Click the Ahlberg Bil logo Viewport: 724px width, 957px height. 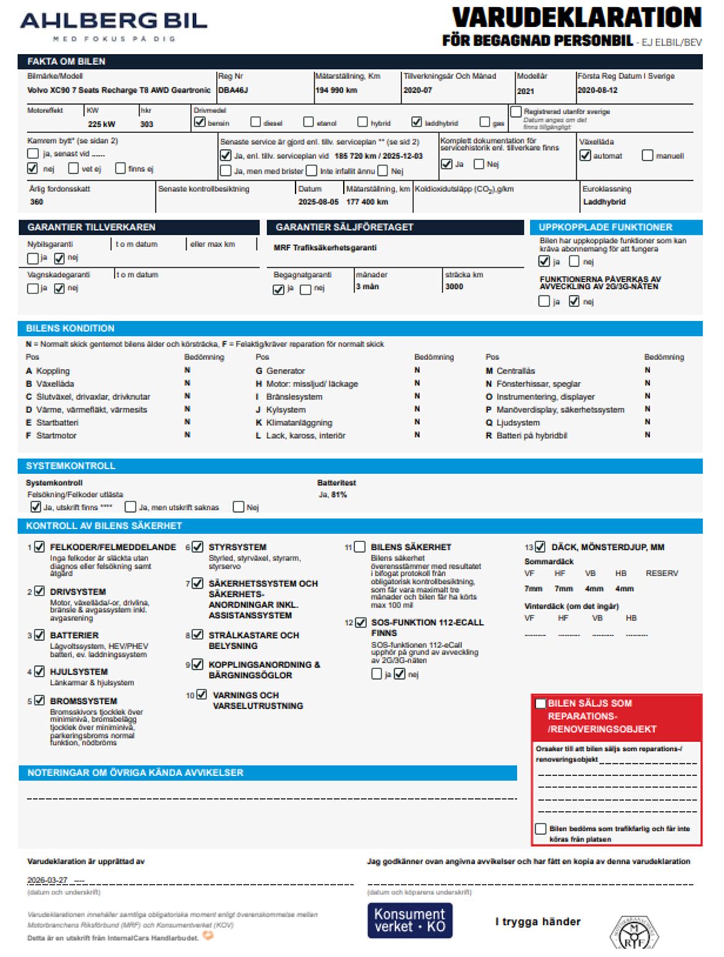click(x=113, y=25)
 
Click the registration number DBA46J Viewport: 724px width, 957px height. click(x=233, y=90)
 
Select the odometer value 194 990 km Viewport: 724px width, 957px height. click(x=336, y=90)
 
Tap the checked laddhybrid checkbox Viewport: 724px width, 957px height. click(x=416, y=122)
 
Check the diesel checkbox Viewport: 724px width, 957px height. click(x=256, y=122)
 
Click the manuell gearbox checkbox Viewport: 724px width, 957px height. click(x=647, y=155)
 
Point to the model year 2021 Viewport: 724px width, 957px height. click(x=525, y=91)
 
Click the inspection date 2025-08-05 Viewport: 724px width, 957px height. click(x=318, y=202)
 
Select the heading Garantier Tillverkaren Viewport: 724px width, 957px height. click(x=91, y=227)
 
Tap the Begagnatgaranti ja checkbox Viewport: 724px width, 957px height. click(x=278, y=289)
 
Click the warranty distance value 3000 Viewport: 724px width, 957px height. click(x=454, y=287)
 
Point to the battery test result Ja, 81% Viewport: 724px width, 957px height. click(x=332, y=495)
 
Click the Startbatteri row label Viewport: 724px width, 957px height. click(x=57, y=423)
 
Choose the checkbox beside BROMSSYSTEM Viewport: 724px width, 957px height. click(x=40, y=700)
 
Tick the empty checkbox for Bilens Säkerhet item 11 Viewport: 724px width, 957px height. click(x=360, y=547)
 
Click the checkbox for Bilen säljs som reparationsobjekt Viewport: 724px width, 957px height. click(x=541, y=703)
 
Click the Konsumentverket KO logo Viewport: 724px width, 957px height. click(x=410, y=920)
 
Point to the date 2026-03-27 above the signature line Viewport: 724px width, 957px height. click(x=47, y=880)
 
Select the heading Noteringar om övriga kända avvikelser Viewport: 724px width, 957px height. click(x=135, y=773)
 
